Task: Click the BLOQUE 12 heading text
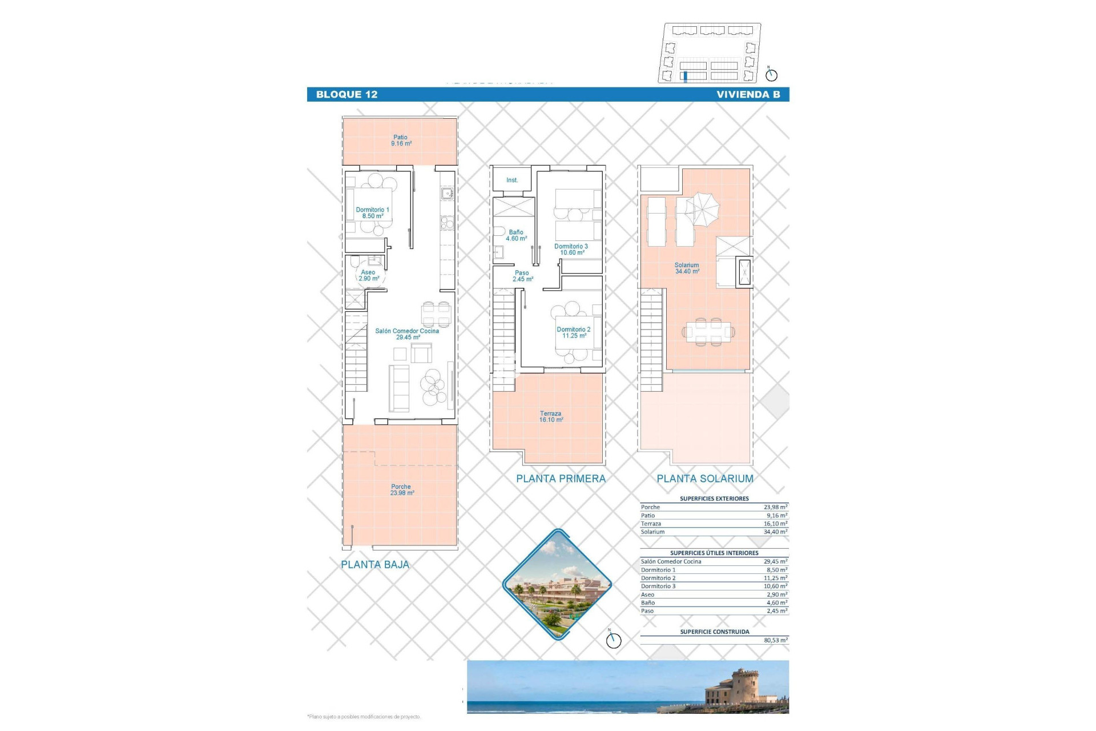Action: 346,95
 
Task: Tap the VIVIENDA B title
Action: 748,95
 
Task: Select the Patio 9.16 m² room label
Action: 401,140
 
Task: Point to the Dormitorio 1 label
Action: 372,213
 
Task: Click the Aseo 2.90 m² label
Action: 368,275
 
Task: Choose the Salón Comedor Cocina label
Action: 407,334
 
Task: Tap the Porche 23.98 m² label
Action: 401,490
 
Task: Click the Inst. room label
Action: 512,180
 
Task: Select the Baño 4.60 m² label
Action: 516,235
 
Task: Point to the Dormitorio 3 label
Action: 571,250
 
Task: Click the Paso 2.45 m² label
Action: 522,276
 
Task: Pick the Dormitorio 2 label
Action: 574,332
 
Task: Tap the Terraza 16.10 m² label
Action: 551,416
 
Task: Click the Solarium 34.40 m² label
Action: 687,268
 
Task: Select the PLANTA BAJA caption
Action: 375,565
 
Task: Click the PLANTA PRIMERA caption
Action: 561,479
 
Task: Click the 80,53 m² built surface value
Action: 775,640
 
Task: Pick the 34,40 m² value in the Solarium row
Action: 775,532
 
